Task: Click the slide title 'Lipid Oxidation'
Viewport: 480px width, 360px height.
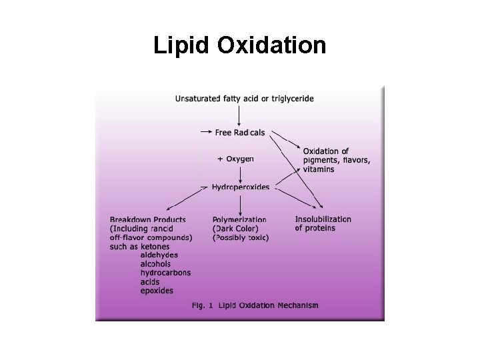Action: [239, 45]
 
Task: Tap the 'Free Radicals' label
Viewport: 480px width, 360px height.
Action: [239, 133]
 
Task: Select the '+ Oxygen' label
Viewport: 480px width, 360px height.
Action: [235, 159]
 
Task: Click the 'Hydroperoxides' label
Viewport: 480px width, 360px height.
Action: [240, 188]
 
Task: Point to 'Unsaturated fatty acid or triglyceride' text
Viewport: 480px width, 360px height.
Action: [244, 99]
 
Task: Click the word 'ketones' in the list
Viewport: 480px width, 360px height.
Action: [155, 247]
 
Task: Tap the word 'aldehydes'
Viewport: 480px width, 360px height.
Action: [159, 255]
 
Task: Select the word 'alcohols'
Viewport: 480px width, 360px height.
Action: [156, 264]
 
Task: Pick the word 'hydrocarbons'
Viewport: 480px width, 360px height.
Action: [165, 273]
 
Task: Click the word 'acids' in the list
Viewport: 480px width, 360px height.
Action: [150, 281]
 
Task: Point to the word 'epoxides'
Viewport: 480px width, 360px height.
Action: [157, 291]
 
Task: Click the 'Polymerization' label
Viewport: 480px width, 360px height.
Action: [239, 219]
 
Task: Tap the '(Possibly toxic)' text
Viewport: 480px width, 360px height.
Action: [240, 237]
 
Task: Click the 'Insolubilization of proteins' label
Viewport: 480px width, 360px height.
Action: [323, 223]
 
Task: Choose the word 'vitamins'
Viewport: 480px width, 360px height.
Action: [319, 169]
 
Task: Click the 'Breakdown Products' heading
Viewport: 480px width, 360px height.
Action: [147, 219]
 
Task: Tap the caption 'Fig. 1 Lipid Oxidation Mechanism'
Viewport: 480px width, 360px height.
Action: [255, 306]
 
